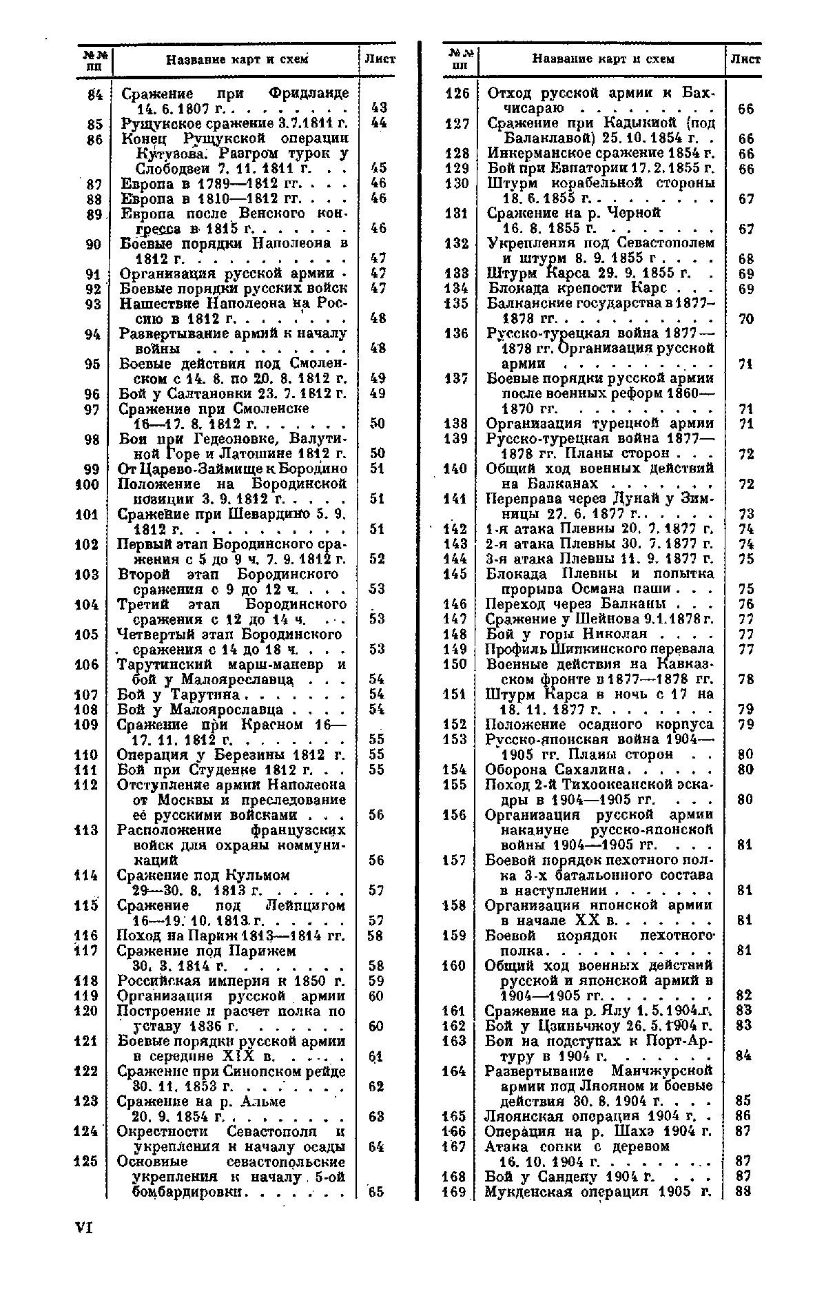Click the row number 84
[x=95, y=93]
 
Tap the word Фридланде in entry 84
[x=308, y=93]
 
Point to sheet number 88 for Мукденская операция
[x=743, y=1192]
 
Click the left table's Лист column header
[x=380, y=59]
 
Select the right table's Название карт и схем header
[x=603, y=59]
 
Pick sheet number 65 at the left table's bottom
[x=376, y=1192]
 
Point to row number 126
[x=457, y=93]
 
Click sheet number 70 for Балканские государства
[x=745, y=319]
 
